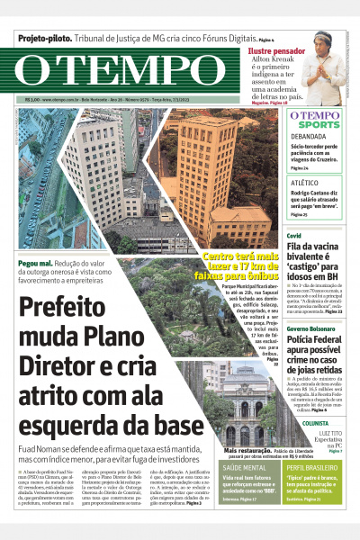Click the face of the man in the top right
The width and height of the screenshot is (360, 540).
[322, 45]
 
